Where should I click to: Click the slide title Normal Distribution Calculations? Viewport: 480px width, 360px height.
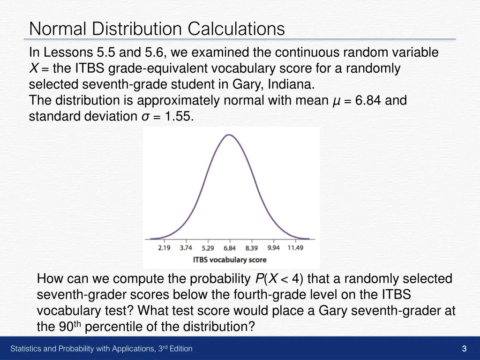tap(157, 29)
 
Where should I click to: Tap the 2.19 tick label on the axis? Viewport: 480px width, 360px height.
tap(164, 248)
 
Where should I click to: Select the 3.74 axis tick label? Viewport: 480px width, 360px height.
tap(186, 248)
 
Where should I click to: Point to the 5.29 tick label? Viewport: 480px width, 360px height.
tap(208, 248)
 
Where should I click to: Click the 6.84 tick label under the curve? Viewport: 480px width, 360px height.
tap(230, 248)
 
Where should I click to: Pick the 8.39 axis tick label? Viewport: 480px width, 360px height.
tap(252, 248)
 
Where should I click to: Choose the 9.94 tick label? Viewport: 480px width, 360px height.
tap(273, 248)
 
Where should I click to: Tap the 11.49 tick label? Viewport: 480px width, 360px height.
tap(295, 248)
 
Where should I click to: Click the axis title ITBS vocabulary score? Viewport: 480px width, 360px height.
tap(230, 260)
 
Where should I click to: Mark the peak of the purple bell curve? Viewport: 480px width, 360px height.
tap(229, 135)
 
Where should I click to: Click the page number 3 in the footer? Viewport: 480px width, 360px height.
tap(464, 348)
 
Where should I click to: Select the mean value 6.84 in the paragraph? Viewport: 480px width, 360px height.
tap(368, 100)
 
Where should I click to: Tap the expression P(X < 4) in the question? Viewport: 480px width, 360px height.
tap(279, 279)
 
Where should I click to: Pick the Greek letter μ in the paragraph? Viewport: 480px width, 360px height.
tap(335, 101)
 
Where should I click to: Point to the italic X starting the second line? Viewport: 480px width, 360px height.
tap(33, 69)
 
